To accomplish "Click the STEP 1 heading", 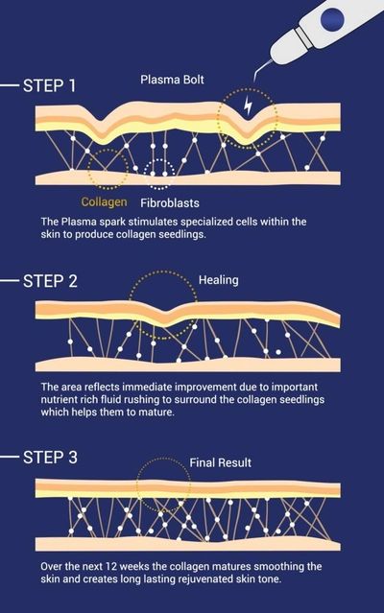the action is tap(49, 85).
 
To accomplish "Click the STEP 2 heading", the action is tap(50, 281).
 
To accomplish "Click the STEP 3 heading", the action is tap(50, 457).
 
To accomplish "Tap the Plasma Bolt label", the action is tap(172, 80).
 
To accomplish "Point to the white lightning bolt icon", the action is tap(248, 106).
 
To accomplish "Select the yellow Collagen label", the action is tap(104, 201).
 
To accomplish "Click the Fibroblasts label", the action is tap(170, 203).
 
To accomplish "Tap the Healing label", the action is tap(218, 280).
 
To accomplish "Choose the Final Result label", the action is tap(220, 463).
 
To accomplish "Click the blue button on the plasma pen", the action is tap(332, 18).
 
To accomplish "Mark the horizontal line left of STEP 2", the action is tap(10, 281).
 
